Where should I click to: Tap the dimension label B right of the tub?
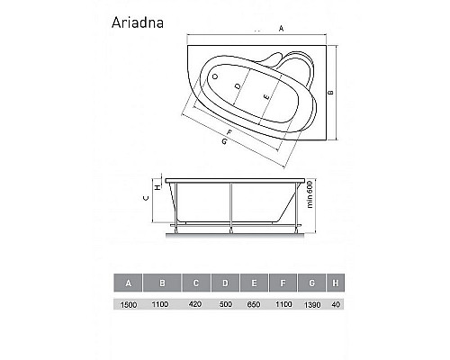(x=330, y=93)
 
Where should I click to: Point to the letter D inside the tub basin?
(x=238, y=86)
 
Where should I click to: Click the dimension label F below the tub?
(x=229, y=132)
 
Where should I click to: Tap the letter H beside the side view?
(x=157, y=187)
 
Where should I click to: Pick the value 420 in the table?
(x=195, y=306)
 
